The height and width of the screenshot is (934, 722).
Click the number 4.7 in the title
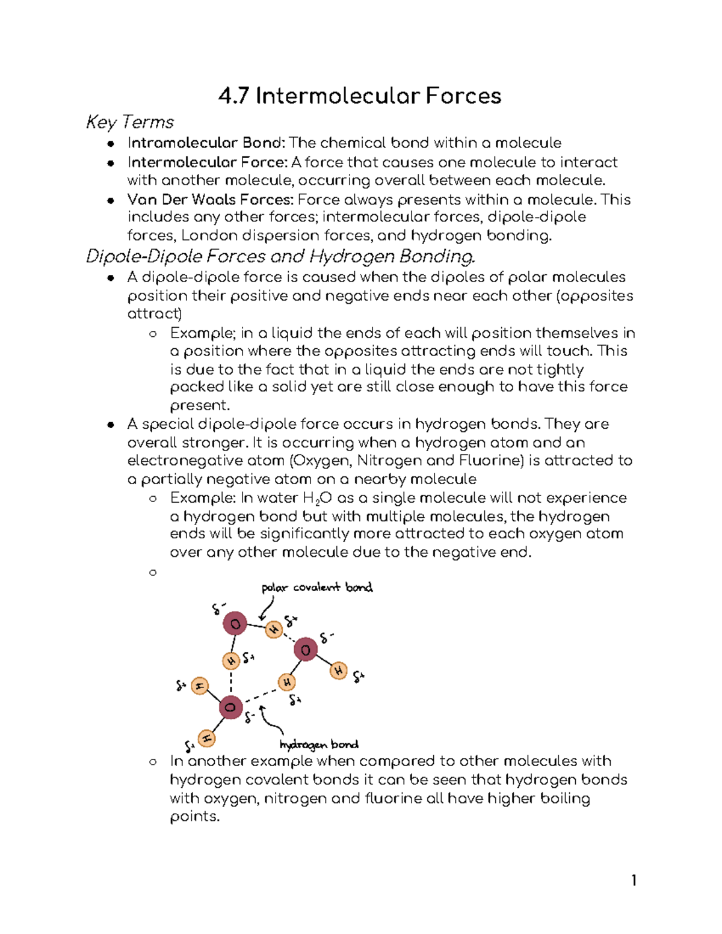click(233, 96)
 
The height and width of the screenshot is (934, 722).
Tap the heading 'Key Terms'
click(129, 122)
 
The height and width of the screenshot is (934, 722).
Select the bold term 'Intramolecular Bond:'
click(206, 143)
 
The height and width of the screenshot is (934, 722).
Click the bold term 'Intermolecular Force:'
click(207, 162)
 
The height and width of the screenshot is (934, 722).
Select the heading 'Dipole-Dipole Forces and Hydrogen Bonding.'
click(280, 257)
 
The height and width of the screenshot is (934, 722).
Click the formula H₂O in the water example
click(317, 498)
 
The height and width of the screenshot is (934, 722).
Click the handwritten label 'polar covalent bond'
click(317, 588)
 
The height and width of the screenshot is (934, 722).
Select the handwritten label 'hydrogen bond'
click(319, 745)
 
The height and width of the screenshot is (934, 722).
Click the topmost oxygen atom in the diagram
click(235, 624)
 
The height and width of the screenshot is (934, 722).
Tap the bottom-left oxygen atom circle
click(230, 707)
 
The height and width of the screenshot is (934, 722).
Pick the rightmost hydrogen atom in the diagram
click(339, 670)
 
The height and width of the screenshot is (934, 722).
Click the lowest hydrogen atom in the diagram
click(206, 738)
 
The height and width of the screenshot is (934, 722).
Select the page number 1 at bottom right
click(634, 881)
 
